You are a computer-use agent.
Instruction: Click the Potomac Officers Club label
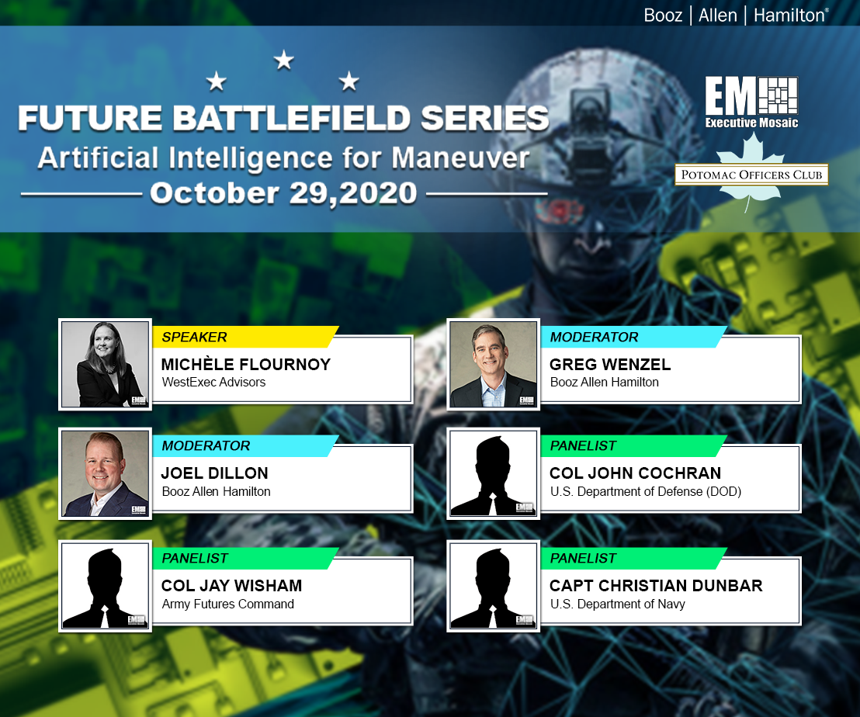(x=751, y=175)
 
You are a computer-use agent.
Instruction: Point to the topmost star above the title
(x=284, y=60)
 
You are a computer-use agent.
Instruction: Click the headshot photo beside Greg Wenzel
(x=494, y=364)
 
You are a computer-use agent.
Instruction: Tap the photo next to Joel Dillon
(x=106, y=473)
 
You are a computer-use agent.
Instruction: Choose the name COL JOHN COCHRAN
(x=635, y=473)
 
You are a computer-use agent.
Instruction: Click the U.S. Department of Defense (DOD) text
(x=645, y=491)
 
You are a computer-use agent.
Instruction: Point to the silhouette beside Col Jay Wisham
(x=106, y=585)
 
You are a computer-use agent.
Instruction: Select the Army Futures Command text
(x=228, y=604)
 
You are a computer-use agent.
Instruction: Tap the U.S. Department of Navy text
(x=617, y=604)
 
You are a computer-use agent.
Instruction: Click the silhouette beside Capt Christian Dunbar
(x=494, y=585)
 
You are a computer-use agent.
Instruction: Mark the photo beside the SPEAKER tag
(x=106, y=364)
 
